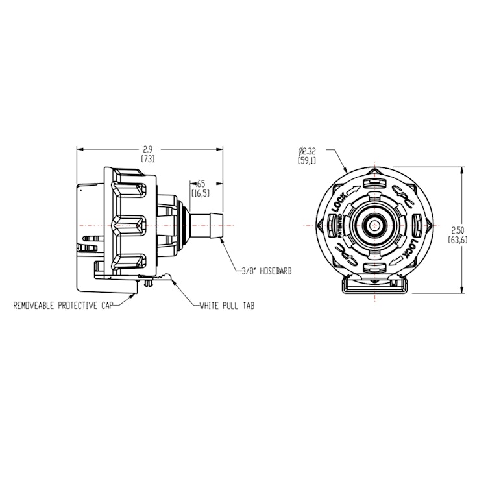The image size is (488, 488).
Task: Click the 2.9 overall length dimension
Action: point(149,150)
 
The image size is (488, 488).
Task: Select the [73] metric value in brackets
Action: point(149,159)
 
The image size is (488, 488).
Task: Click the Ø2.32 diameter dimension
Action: point(307,150)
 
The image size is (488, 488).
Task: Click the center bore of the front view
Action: point(376,225)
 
